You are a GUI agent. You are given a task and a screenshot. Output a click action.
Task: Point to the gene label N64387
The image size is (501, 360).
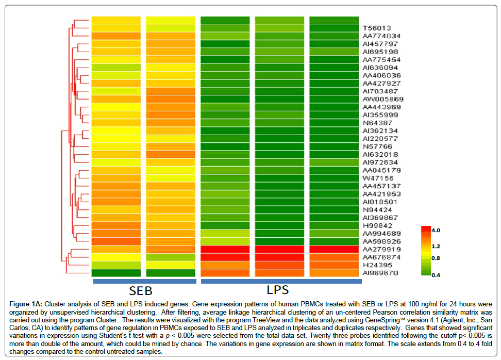[x=377, y=123]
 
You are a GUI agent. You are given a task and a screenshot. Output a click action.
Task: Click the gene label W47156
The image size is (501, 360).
[x=378, y=178]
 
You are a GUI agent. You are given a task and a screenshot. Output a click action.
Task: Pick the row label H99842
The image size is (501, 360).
[x=377, y=225]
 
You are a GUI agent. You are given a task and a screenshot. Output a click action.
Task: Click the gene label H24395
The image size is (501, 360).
[x=377, y=265]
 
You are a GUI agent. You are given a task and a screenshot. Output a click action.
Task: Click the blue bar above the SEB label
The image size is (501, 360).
[x=144, y=282]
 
